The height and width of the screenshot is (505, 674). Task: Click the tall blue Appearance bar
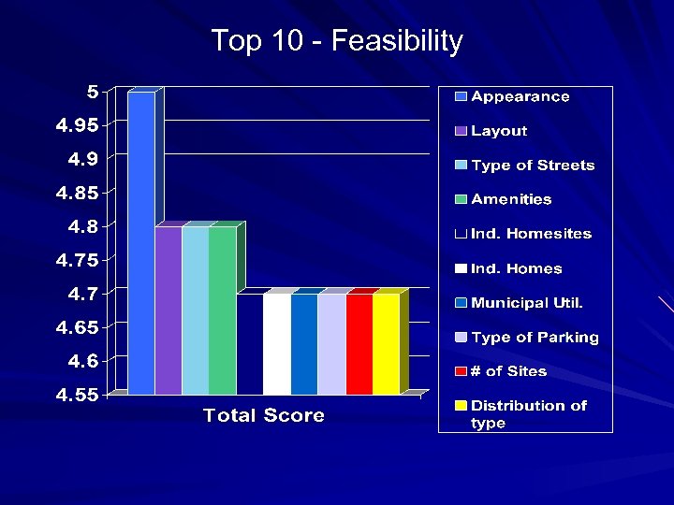click(x=141, y=243)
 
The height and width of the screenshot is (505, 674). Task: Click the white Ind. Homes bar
click(x=277, y=344)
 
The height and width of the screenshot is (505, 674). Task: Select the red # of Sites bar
click(x=359, y=344)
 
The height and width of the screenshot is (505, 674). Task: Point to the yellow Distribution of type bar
click(x=386, y=344)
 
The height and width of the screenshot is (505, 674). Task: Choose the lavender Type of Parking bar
click(x=331, y=344)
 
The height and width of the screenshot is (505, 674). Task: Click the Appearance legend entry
click(x=520, y=96)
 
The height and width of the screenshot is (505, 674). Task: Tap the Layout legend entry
click(x=499, y=131)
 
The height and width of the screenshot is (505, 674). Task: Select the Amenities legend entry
click(x=511, y=199)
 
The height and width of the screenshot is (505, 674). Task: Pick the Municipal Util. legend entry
click(x=527, y=303)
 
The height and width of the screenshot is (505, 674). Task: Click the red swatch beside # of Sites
click(x=461, y=371)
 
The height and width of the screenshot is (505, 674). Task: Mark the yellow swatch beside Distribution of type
click(x=461, y=406)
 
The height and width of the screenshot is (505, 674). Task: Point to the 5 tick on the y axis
click(x=93, y=92)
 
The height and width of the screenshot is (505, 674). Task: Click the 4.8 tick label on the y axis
click(x=82, y=226)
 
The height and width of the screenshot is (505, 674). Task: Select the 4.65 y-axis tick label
click(x=77, y=328)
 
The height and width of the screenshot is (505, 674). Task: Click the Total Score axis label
click(x=264, y=416)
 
